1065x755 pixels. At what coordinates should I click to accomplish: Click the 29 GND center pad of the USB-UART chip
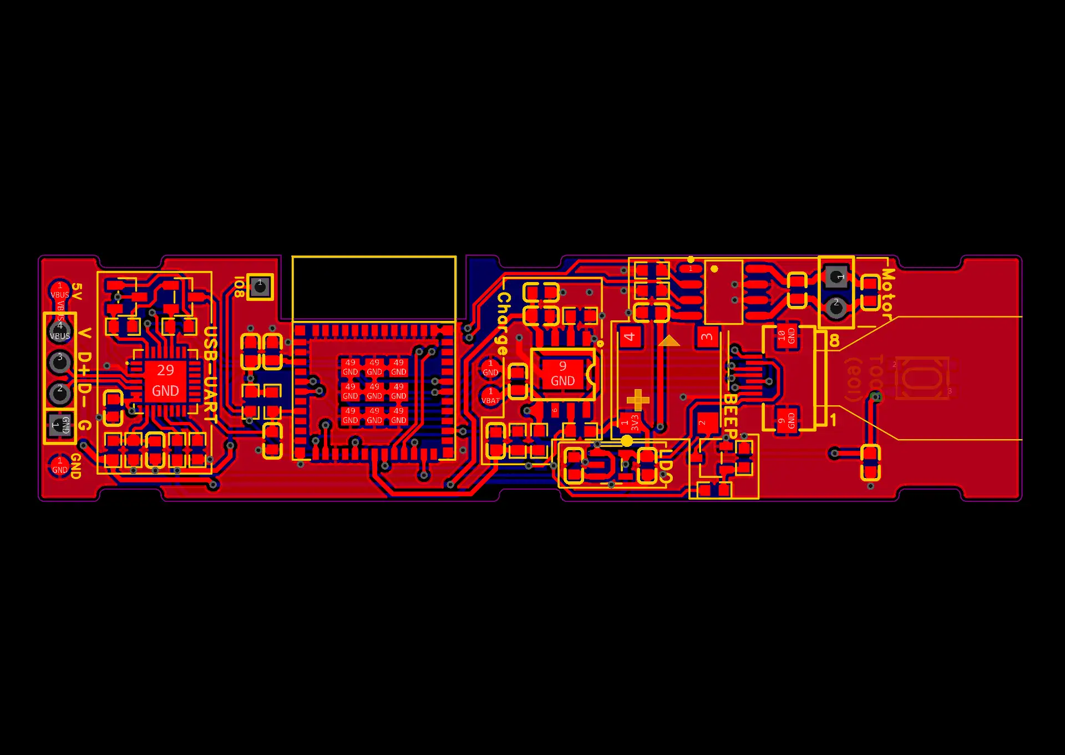point(165,381)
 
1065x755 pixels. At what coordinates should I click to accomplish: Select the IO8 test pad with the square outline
point(260,286)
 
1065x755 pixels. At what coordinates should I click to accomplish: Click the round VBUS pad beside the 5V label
point(60,290)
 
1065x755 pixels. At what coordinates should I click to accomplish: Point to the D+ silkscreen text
point(84,364)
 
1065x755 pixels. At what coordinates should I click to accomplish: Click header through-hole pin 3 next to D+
point(59,362)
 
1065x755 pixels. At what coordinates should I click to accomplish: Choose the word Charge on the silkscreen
point(503,324)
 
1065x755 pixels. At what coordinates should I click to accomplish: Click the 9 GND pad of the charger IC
point(562,374)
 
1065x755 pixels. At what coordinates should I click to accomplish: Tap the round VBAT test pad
point(490,396)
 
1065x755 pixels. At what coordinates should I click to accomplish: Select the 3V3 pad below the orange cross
point(630,422)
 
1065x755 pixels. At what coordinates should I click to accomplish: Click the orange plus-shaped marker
point(638,399)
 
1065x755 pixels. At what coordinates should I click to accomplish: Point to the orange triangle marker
point(669,341)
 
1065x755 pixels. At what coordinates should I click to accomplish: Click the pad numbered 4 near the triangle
point(630,336)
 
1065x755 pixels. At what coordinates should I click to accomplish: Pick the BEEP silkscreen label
point(730,416)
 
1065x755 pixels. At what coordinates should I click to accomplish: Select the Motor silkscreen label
point(887,294)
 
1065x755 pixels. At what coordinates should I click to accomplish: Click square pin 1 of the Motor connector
point(836,276)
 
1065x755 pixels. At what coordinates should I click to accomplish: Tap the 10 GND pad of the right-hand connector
point(787,335)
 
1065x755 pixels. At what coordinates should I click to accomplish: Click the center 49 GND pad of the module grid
point(374,391)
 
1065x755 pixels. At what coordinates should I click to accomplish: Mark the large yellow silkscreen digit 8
point(834,341)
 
